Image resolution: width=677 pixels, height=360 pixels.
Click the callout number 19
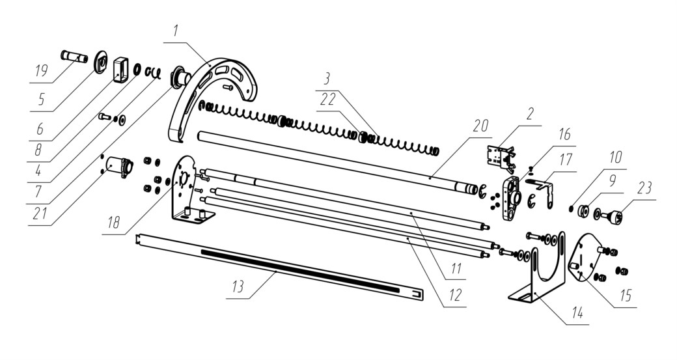pyautogui.click(x=42, y=70)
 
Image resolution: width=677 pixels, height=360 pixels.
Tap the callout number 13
pyautogui.click(x=238, y=286)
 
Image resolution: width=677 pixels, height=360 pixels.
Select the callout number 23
pyautogui.click(x=644, y=188)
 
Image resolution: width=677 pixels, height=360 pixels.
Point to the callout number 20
pyautogui.click(x=480, y=126)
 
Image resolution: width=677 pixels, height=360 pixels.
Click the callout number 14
pyautogui.click(x=577, y=312)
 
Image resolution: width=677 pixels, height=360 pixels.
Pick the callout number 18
pyautogui.click(x=113, y=222)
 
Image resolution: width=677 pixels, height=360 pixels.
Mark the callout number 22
pyautogui.click(x=327, y=100)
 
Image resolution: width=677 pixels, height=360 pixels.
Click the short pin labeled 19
pyautogui.click(x=74, y=57)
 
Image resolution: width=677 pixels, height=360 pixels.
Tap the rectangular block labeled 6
pyautogui.click(x=121, y=70)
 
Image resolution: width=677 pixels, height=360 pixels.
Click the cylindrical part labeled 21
pyautogui.click(x=119, y=167)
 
